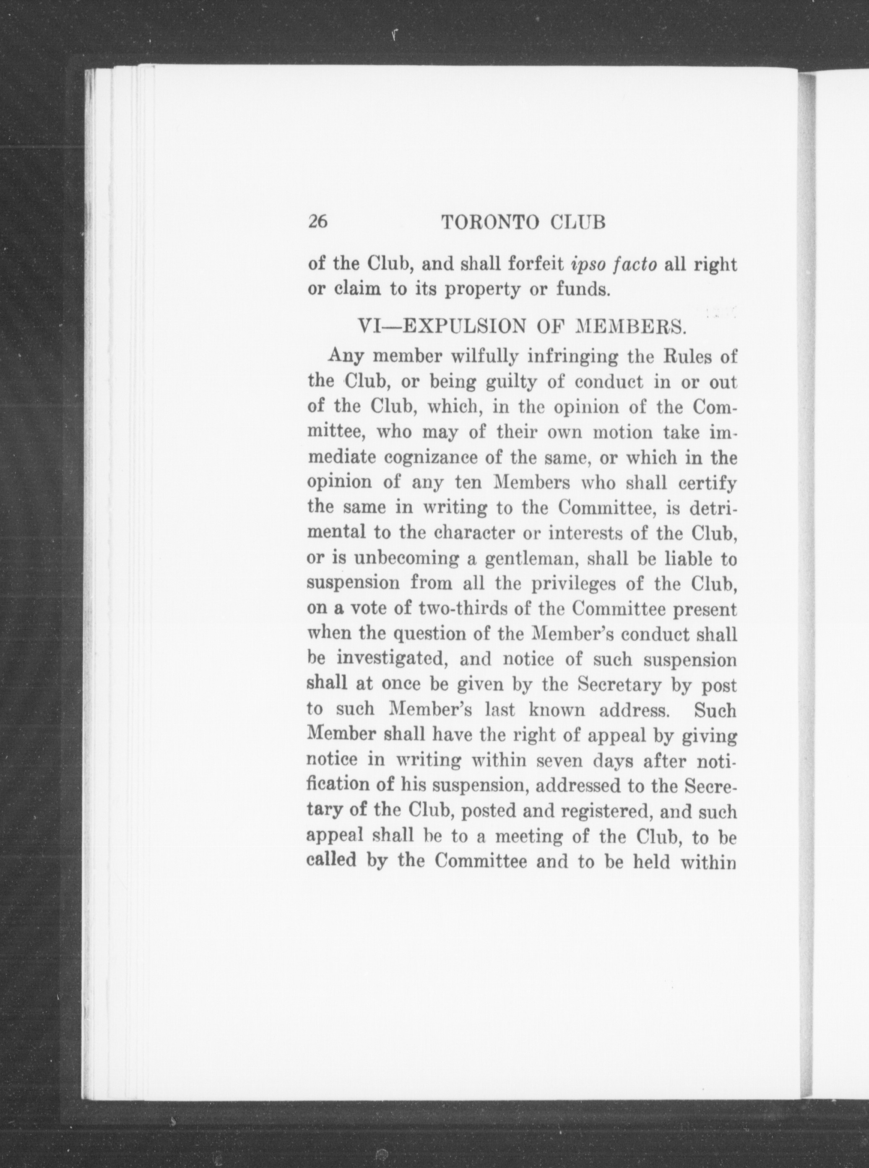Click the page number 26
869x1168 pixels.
coord(318,222)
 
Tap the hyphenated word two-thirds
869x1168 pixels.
coord(463,609)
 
